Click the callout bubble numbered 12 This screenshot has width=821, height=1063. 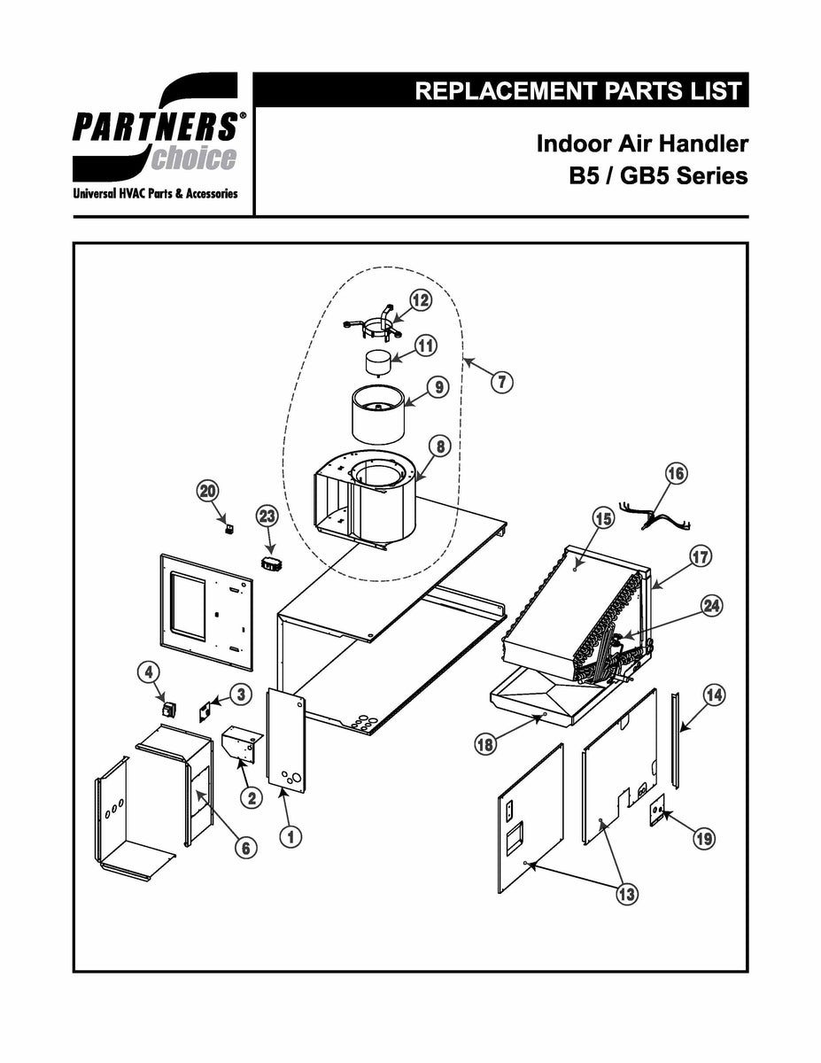pyautogui.click(x=420, y=301)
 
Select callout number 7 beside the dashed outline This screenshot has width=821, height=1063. pyautogui.click(x=501, y=382)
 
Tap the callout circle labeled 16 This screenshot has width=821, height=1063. pyautogui.click(x=676, y=474)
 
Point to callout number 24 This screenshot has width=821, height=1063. pyautogui.click(x=710, y=606)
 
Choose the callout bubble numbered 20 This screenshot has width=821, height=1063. pyautogui.click(x=207, y=491)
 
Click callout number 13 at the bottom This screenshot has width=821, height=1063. pyautogui.click(x=626, y=894)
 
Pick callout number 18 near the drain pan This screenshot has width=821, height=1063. pyautogui.click(x=484, y=745)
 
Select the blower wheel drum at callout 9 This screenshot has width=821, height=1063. pyautogui.click(x=378, y=415)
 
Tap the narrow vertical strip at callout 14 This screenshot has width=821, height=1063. pyautogui.click(x=677, y=741)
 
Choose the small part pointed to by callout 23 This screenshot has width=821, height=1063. pyautogui.click(x=271, y=563)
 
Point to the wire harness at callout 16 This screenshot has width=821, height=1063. pyautogui.click(x=660, y=518)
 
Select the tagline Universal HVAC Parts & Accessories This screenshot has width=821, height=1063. pyautogui.click(x=156, y=193)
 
